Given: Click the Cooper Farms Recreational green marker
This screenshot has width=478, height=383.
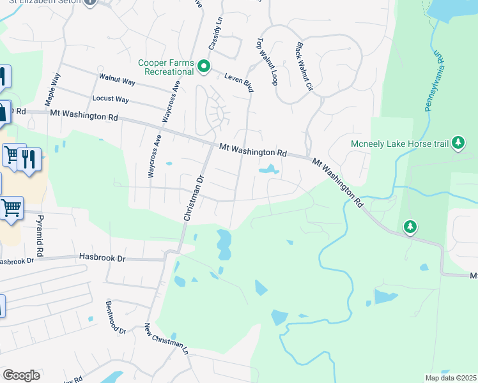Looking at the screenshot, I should point(204,66).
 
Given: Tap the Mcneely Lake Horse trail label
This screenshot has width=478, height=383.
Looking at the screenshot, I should point(400,144).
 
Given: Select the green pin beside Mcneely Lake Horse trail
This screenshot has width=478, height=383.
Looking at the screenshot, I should point(458,143).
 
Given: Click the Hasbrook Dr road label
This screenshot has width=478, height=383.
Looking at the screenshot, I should point(103,257).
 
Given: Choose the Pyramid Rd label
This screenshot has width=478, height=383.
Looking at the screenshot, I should point(39,233).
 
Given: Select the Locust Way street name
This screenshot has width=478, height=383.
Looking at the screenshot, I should point(111,100).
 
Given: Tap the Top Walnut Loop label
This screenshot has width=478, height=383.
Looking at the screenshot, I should point(267,61).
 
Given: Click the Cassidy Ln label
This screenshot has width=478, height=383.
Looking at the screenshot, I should point(215,34).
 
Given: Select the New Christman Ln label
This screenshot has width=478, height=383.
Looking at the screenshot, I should point(166,339).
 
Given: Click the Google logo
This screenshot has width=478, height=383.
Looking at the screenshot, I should point(21,375).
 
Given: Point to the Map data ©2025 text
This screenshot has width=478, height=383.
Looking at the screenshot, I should point(450,378).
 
